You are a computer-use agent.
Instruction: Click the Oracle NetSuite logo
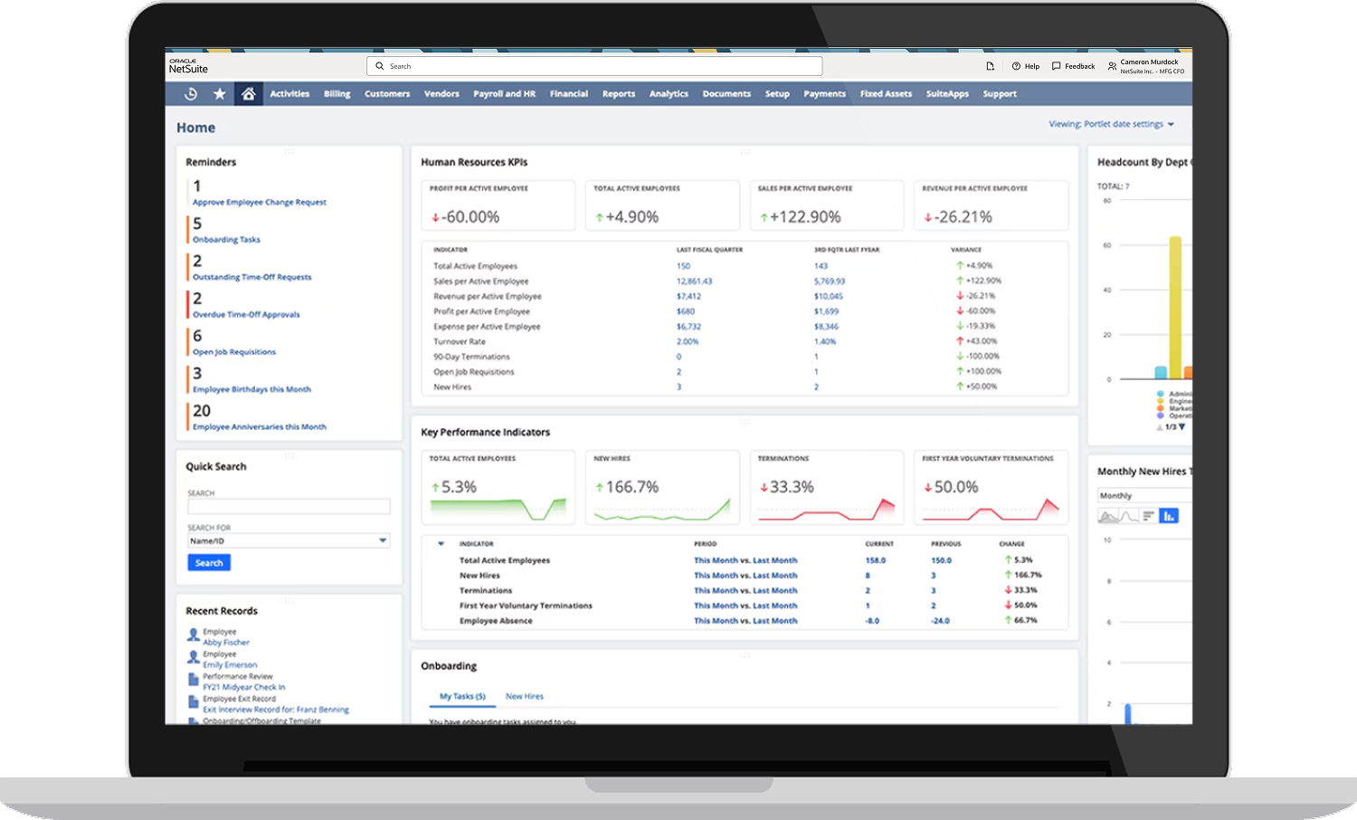point(188,66)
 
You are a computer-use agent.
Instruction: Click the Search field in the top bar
point(594,66)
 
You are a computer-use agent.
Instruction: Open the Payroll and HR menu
point(504,94)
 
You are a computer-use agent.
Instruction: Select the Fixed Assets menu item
point(886,94)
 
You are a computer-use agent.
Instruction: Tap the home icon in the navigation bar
point(248,94)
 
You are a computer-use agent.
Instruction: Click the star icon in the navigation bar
point(219,94)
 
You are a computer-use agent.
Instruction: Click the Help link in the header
point(1026,66)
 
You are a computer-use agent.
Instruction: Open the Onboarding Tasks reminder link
point(226,240)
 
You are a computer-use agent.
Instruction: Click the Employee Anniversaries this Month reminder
point(259,427)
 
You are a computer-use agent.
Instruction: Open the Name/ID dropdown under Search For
point(289,541)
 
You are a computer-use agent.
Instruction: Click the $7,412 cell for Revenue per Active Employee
point(688,296)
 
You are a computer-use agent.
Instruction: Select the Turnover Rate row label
point(460,342)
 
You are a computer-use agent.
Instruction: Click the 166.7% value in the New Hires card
point(631,487)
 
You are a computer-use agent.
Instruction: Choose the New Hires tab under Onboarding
point(525,697)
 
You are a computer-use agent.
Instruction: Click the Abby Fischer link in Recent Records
point(226,643)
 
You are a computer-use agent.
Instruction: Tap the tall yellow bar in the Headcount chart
point(1175,307)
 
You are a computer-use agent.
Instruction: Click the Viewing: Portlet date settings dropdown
point(1111,124)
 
